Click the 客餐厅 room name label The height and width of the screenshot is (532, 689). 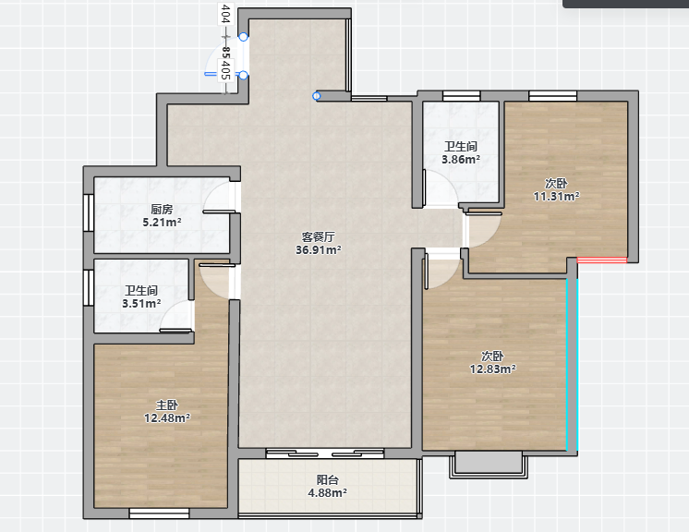point(318,236)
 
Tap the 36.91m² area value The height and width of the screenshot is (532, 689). point(318,250)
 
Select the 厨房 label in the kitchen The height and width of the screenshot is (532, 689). point(162,210)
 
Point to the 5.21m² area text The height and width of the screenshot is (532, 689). point(162,223)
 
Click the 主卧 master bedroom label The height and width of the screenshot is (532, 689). point(167,405)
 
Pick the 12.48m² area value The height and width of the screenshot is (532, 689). point(167,417)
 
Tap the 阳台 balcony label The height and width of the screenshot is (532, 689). point(327,480)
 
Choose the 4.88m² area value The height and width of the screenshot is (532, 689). point(327,493)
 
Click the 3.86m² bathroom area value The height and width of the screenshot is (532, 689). point(461,160)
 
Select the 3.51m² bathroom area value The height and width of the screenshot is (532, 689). point(141,304)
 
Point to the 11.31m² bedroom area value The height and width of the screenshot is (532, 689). point(556,197)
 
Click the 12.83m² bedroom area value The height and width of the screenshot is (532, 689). point(492,369)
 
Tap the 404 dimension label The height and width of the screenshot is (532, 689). point(225,14)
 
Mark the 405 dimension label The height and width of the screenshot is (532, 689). point(225,70)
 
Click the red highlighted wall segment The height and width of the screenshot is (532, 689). point(602,260)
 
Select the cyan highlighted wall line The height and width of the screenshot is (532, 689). point(572,365)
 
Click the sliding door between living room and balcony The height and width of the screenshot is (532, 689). point(325,453)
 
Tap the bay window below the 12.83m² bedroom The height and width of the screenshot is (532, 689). point(489,465)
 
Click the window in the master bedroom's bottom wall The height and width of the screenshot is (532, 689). point(159,514)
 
